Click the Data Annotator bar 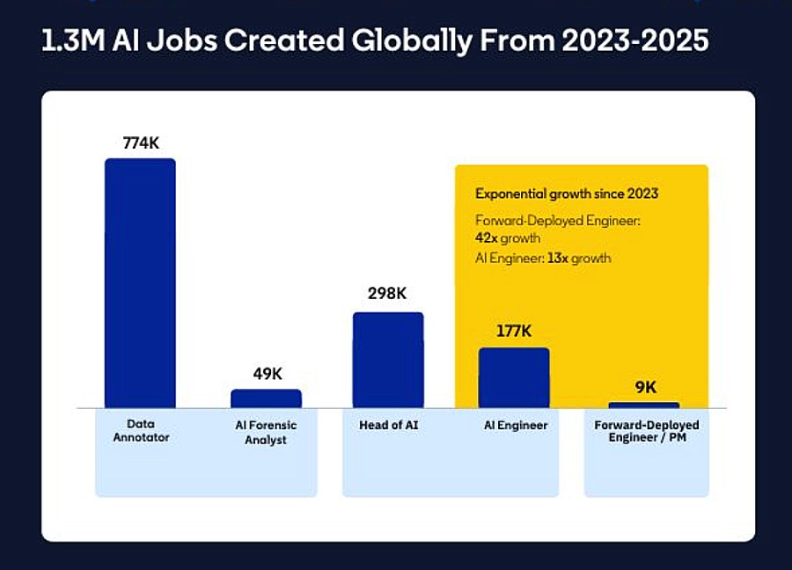tap(140, 283)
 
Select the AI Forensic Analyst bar tap(266, 398)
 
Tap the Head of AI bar tap(388, 360)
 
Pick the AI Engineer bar tap(514, 377)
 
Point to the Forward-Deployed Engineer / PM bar tap(643, 406)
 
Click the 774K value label tap(141, 142)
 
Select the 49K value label tap(267, 374)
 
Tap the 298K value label tap(388, 296)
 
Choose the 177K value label tap(514, 332)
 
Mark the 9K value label tap(645, 387)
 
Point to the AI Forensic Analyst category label tap(266, 432)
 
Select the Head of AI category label tap(388, 425)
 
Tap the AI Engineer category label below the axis tap(516, 425)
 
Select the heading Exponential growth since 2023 tap(567, 194)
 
